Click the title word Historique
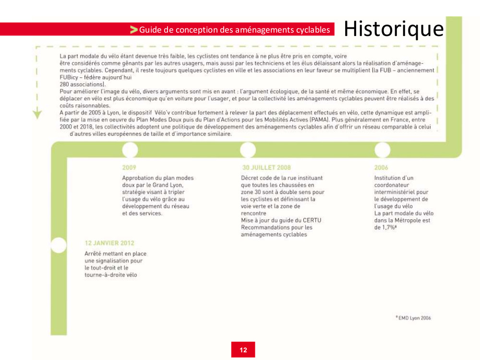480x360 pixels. click(x=394, y=29)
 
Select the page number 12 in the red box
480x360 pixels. click(x=243, y=350)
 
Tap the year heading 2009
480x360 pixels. click(x=129, y=168)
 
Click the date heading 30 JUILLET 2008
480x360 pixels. click(x=266, y=168)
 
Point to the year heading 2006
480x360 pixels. click(x=381, y=168)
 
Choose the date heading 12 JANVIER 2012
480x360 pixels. click(x=109, y=243)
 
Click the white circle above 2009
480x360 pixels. click(x=130, y=150)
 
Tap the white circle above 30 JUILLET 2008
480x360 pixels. click(x=248, y=150)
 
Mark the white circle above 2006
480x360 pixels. click(x=382, y=150)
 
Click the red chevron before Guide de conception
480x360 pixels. click(x=134, y=30)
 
